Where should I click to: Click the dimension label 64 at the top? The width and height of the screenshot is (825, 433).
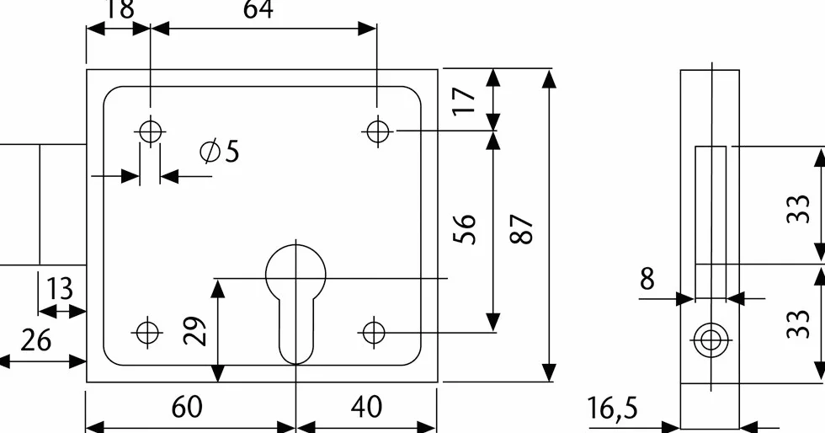click(258, 9)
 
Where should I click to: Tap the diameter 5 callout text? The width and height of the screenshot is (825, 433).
click(220, 151)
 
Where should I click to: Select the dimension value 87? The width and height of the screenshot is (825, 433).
click(522, 228)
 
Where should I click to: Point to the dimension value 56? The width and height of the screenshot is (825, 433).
click(464, 228)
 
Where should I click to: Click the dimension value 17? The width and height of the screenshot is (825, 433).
click(464, 100)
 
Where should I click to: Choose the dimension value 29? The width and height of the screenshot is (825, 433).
click(194, 330)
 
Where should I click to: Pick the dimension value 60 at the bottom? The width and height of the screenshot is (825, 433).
click(186, 407)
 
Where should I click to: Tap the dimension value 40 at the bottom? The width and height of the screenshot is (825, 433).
click(366, 407)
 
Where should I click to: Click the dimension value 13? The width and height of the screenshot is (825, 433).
click(59, 289)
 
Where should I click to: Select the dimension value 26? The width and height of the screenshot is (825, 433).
click(35, 340)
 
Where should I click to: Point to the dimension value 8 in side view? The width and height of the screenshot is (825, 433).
click(647, 279)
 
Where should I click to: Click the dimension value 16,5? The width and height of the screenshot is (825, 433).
click(612, 409)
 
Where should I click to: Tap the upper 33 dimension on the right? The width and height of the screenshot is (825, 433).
click(798, 209)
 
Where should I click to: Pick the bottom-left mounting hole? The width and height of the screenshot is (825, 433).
click(147, 333)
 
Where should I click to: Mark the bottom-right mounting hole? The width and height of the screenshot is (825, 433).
click(374, 333)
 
